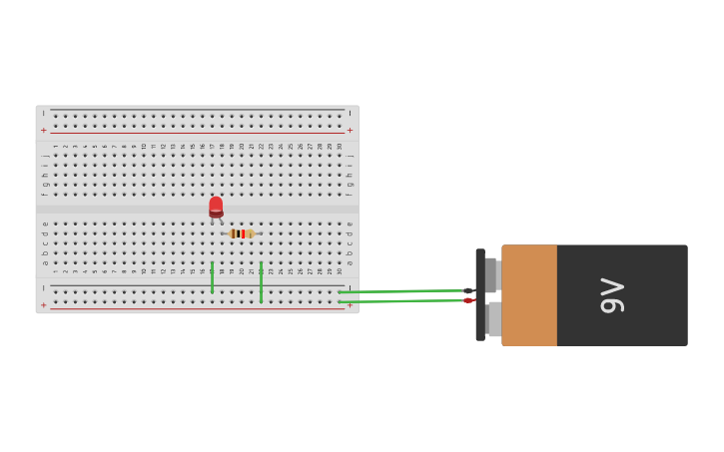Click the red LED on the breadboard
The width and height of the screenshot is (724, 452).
coord(216,207)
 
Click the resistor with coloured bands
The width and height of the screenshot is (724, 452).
coord(241,233)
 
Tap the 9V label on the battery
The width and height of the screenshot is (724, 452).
coord(612,295)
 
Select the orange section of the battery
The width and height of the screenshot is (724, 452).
coord(529,295)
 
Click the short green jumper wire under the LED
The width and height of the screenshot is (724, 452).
coord(212,277)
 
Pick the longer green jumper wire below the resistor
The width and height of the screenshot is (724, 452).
coord(261,282)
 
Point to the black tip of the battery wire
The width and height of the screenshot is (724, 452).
coord(468,290)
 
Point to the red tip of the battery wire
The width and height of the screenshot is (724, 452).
coord(467,300)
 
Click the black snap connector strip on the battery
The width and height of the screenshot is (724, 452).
coord(480,295)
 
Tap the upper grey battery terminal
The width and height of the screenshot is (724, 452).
coord(491,274)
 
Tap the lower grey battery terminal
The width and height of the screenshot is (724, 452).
coord(494,319)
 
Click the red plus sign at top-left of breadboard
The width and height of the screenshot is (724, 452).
coord(43,130)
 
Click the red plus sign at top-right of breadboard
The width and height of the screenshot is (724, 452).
coord(350,130)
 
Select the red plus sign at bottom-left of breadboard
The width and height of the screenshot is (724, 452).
coord(43,304)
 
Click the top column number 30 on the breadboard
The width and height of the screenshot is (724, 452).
coord(339,146)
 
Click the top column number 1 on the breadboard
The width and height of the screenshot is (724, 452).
coord(56,146)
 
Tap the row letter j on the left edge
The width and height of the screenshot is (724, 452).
coord(44,156)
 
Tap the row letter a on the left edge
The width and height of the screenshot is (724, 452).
coord(44,262)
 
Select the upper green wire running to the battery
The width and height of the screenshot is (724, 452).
coord(399,291)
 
